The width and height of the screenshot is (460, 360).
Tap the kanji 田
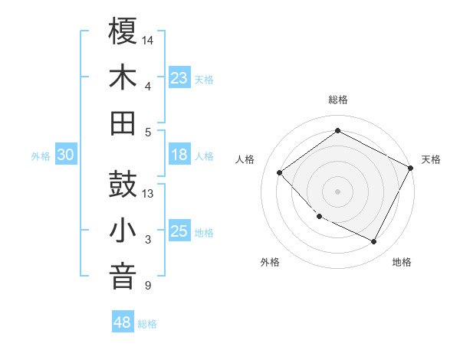tap(123, 123)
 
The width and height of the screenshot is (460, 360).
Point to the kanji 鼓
tap(123, 185)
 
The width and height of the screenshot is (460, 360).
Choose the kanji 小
tap(123, 231)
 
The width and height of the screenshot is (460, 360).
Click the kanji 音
tap(123, 277)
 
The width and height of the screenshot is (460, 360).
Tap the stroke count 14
tap(149, 39)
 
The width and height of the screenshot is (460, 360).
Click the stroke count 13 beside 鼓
tap(149, 194)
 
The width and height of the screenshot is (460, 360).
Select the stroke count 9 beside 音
tap(148, 286)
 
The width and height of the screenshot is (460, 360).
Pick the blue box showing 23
tap(179, 78)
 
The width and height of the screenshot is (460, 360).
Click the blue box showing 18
tap(179, 155)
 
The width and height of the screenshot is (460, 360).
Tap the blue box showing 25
tap(179, 232)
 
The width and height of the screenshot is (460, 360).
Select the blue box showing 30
tap(65, 155)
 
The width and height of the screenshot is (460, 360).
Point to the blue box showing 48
tap(122, 322)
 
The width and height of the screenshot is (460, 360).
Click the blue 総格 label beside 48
tap(147, 324)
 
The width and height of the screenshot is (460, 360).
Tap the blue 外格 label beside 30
tap(41, 156)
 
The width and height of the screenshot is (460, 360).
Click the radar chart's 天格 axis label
tap(431, 159)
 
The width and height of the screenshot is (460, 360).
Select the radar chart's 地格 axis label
tap(402, 263)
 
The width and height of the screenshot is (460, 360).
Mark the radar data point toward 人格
tap(280, 172)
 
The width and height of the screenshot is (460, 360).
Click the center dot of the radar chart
tap(337, 191)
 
